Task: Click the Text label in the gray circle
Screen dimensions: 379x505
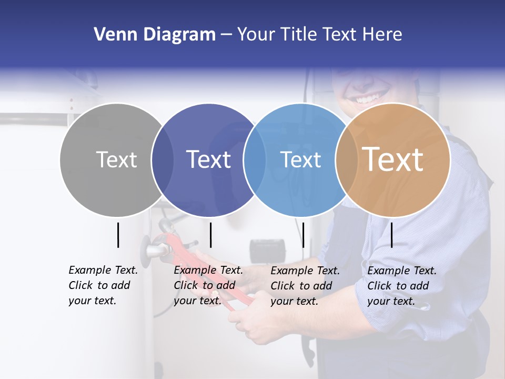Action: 116,159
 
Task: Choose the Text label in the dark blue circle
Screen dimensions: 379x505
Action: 208,159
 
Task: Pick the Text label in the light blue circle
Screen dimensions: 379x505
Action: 300,159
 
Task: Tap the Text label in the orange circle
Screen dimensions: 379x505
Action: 393,159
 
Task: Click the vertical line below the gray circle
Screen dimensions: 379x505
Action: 118,235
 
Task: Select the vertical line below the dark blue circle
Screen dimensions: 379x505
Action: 210,235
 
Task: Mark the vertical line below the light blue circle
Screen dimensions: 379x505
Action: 303,235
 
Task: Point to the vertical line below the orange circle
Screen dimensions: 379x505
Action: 392,235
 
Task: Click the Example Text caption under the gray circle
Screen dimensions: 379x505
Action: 103,285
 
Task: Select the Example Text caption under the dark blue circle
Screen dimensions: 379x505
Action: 208,285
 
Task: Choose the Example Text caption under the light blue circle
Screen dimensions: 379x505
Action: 305,286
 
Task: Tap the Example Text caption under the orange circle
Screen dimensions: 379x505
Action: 402,286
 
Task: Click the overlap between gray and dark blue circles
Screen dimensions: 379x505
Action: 162,159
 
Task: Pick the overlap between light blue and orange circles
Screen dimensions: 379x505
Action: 346,159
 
